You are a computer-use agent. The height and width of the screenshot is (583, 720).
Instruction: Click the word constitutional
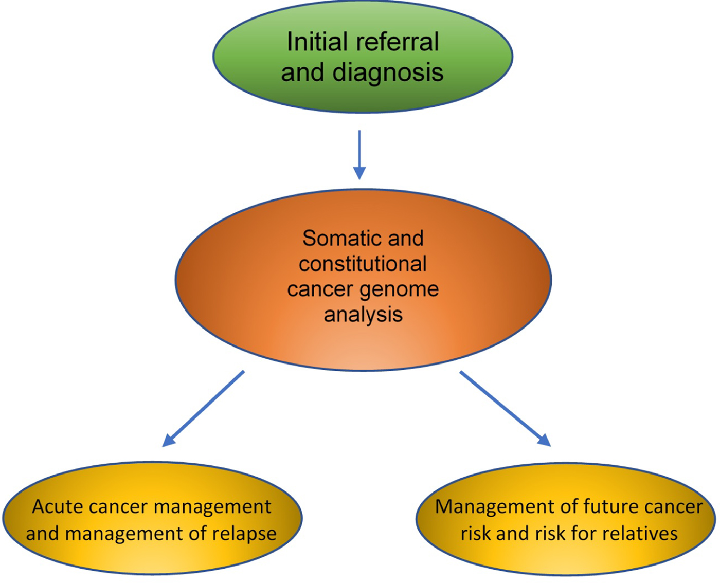[363, 264]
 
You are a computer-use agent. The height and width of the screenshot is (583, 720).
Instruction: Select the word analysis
[363, 314]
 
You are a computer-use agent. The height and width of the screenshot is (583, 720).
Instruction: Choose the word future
[605, 507]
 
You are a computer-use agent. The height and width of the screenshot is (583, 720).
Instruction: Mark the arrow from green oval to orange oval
[359, 152]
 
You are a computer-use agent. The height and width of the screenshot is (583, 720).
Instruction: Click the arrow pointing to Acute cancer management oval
[203, 408]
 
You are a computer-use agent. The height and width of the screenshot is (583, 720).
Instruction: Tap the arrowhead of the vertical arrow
[359, 173]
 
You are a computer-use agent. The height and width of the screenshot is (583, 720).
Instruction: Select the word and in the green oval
[302, 72]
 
